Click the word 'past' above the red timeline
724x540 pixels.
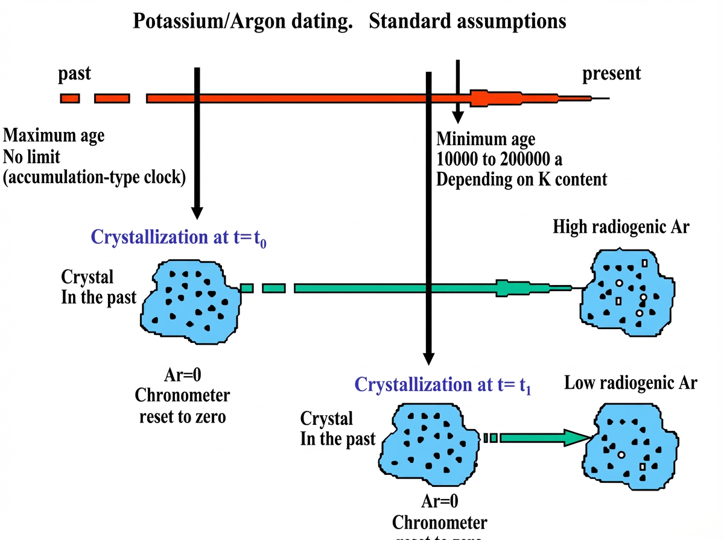[74, 74]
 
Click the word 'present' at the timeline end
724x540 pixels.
[611, 74]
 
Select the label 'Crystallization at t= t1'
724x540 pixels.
[443, 385]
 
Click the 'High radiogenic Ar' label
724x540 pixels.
[621, 228]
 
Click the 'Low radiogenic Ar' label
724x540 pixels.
[630, 383]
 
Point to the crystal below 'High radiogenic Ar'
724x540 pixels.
[625, 292]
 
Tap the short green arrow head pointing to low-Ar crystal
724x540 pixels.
[576, 438]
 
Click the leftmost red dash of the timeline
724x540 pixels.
[69, 98]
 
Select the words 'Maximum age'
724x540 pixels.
[54, 136]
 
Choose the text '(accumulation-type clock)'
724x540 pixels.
[94, 178]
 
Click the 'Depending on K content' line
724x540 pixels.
[522, 179]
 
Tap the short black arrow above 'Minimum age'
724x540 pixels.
[458, 90]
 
